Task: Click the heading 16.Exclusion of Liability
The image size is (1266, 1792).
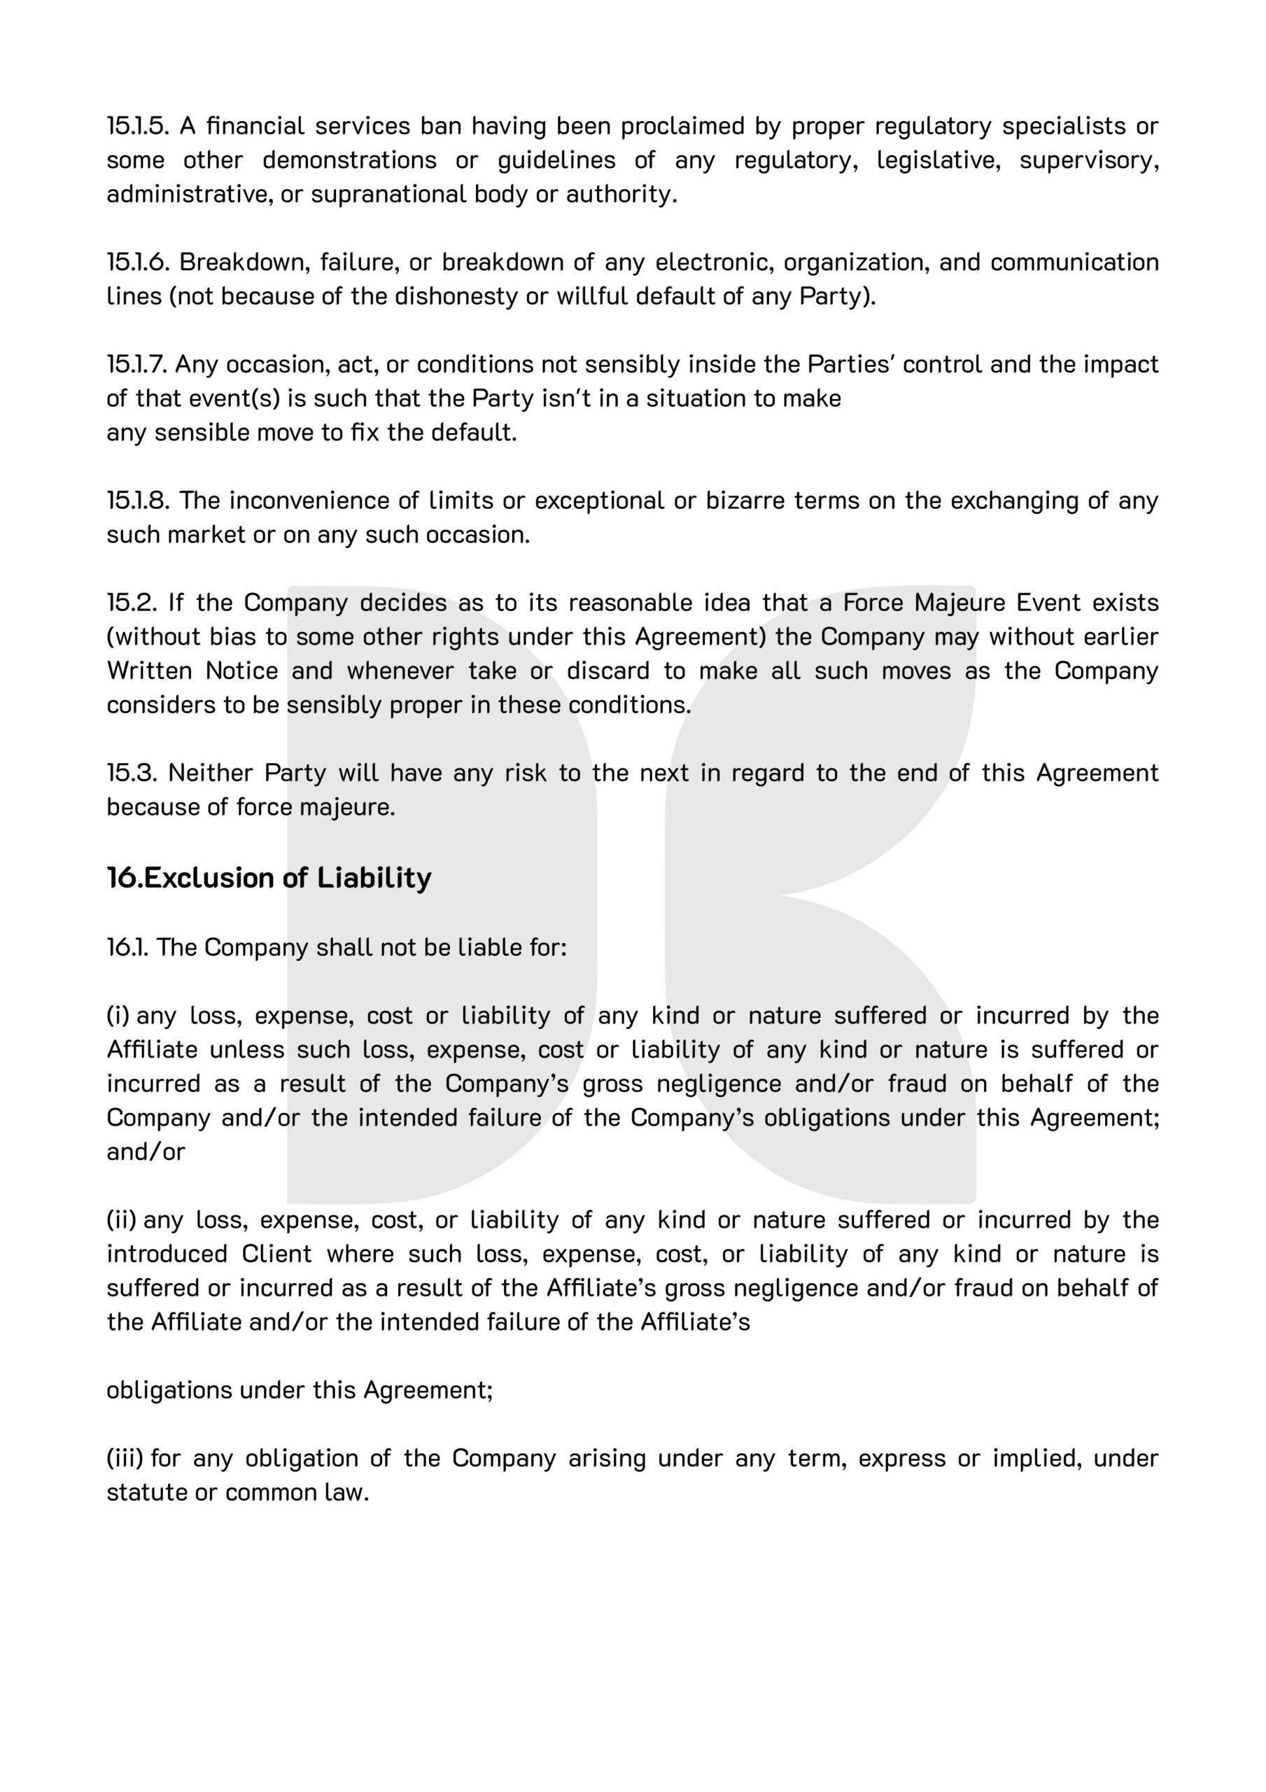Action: pyautogui.click(x=269, y=878)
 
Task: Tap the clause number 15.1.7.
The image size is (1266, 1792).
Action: pyautogui.click(x=137, y=365)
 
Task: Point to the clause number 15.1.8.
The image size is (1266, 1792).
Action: pyautogui.click(x=137, y=500)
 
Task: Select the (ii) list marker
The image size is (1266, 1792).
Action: pyautogui.click(x=121, y=1220)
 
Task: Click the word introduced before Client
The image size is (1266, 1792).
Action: pyautogui.click(x=167, y=1254)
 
